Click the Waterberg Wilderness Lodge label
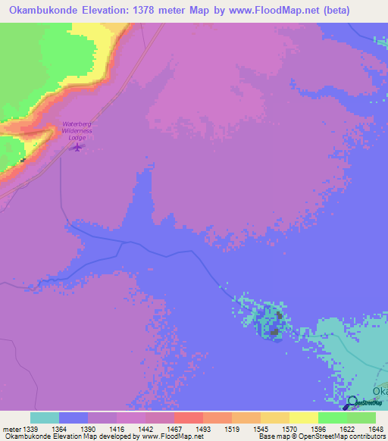tap(77, 130)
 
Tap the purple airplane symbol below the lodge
tap(77, 146)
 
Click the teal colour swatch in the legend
tap(45, 418)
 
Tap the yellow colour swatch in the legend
tap(304, 418)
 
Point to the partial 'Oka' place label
tap(379, 392)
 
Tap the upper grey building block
tap(279, 315)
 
